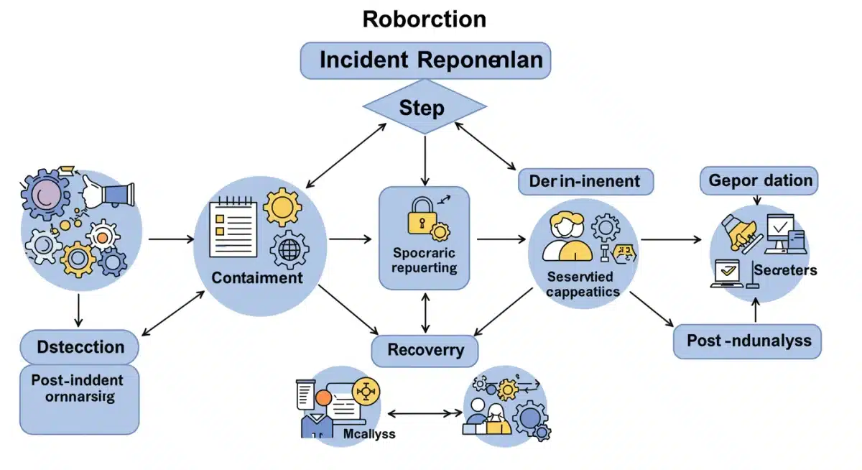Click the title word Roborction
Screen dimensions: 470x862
[425, 19]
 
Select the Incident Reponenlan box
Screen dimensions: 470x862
[425, 60]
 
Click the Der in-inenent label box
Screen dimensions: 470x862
[585, 181]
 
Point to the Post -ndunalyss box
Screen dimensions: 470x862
[747, 341]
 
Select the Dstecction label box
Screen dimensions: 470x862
[79, 348]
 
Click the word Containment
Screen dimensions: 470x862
[256, 277]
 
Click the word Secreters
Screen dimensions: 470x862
[785, 270]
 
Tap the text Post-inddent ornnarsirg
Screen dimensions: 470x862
[77, 388]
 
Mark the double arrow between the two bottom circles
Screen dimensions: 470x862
[424, 414]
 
